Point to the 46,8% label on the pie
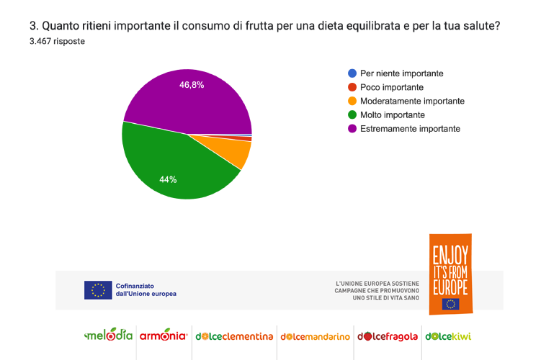(192, 85)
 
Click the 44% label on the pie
(169, 179)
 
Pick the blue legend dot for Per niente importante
(352, 73)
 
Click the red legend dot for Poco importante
(352, 87)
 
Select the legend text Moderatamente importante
(412, 101)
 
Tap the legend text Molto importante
(393, 114)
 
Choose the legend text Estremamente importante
(410, 128)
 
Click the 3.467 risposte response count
(57, 41)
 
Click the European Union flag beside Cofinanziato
(98, 290)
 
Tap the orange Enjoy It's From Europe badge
(450, 274)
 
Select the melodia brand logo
(109, 336)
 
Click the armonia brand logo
(164, 336)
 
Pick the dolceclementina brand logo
(234, 336)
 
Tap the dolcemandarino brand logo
(316, 336)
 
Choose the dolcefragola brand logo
(388, 336)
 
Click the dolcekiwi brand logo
(448, 336)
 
